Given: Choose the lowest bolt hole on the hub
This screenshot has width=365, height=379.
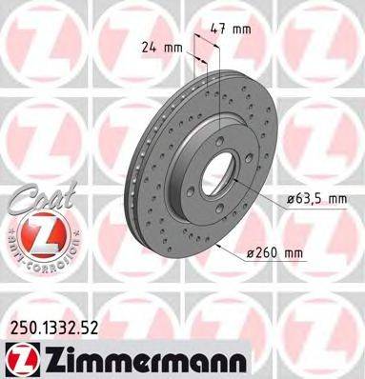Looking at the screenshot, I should point(221,208).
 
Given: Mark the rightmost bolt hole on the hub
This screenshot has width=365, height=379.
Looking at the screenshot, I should point(250,158).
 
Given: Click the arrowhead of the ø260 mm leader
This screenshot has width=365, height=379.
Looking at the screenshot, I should point(219,245).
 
